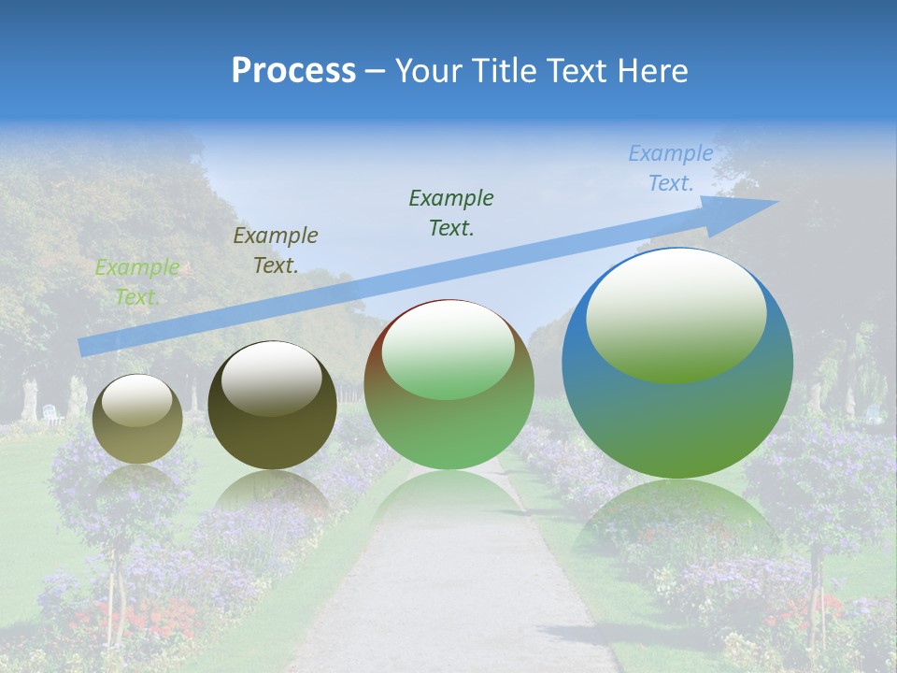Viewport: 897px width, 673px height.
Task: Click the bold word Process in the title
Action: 293,71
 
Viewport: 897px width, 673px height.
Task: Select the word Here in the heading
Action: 652,71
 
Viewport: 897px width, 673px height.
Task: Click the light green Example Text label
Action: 137,282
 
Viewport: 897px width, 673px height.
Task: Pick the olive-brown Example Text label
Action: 276,251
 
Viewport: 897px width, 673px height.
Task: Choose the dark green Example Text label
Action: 451,213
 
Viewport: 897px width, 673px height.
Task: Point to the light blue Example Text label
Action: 671,168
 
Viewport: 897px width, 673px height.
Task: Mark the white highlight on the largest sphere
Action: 676,313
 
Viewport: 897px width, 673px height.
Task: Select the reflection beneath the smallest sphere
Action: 138,486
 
